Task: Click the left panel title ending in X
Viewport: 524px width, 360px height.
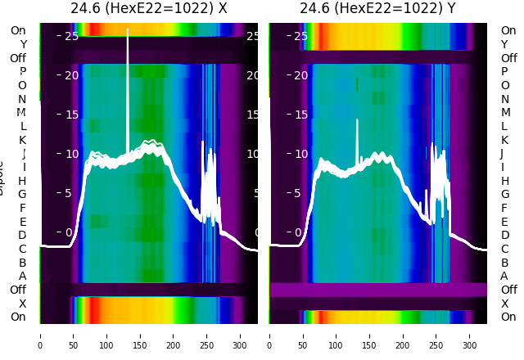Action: click(148, 9)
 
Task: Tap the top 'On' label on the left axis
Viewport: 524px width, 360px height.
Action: click(18, 30)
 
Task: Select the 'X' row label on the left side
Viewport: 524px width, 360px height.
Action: click(22, 304)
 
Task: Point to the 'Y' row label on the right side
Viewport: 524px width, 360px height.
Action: click(504, 44)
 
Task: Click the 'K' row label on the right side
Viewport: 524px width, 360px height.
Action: click(504, 140)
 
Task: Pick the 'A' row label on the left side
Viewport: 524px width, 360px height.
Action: click(22, 276)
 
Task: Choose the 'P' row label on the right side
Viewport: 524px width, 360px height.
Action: click(504, 71)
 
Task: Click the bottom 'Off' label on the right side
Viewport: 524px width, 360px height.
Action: click(508, 290)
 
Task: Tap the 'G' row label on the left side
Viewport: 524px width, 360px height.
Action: click(22, 194)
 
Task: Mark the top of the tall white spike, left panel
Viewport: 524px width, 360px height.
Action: click(127, 30)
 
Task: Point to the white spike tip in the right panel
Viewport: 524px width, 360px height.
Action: click(357, 120)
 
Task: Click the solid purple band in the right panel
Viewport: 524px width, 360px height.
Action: click(385, 290)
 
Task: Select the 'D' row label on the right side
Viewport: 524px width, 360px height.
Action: click(504, 235)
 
